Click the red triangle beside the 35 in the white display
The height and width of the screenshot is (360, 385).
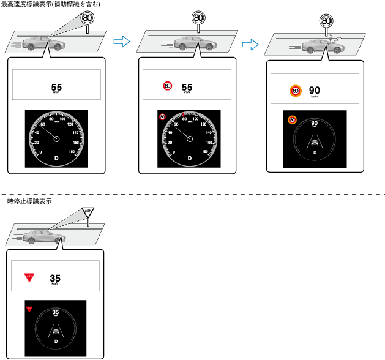coord(29,278)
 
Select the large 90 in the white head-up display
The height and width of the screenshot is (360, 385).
coord(315,89)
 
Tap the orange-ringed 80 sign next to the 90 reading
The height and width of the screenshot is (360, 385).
coord(295,91)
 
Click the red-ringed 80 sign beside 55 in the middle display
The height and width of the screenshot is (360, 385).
coord(168,87)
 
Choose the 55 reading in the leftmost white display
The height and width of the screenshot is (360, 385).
coord(56,87)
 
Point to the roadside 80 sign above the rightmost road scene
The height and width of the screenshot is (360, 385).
coord(326,20)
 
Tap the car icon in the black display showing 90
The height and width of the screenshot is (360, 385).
coord(315,144)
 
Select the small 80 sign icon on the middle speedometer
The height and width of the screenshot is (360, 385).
coord(162,116)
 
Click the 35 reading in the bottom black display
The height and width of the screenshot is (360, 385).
coord(56,312)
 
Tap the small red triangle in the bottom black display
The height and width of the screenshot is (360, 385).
coord(29,309)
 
